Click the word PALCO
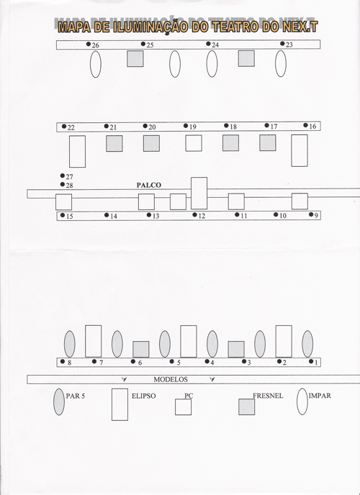click(149, 185)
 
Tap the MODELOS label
click(171, 379)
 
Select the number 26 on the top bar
click(95, 45)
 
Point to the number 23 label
click(289, 45)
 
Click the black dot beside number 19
click(186, 126)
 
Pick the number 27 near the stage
click(69, 177)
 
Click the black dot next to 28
click(62, 184)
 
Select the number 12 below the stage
click(202, 217)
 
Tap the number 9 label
click(316, 216)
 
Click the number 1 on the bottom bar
click(316, 363)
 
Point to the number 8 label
click(69, 363)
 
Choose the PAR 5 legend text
click(76, 396)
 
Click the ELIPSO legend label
click(144, 396)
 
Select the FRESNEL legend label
click(268, 396)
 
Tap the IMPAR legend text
click(320, 396)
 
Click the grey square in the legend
click(247, 407)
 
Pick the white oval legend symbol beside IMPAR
click(302, 401)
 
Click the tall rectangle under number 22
click(77, 152)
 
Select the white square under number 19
click(194, 143)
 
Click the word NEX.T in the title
click(300, 27)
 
